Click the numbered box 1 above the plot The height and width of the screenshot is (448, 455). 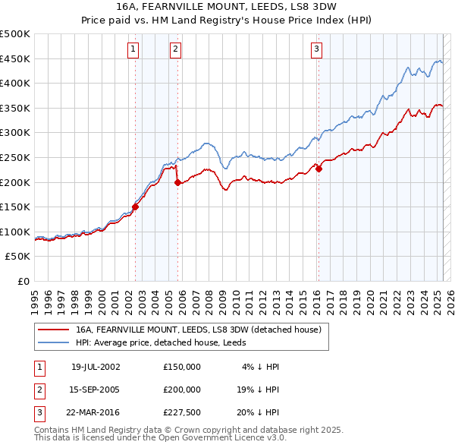(133, 50)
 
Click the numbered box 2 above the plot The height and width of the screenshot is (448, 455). (175, 50)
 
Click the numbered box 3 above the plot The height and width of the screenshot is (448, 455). (316, 50)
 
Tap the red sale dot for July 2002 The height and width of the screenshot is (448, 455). (136, 207)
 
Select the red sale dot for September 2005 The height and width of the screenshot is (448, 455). (177, 182)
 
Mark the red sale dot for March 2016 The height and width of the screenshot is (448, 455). (319, 169)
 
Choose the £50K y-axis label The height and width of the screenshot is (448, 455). (18, 257)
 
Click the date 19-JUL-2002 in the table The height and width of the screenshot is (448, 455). (96, 367)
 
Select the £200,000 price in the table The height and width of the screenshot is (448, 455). (182, 390)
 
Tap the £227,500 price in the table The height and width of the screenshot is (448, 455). (182, 413)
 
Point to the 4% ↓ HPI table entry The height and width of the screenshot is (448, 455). (261, 367)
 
